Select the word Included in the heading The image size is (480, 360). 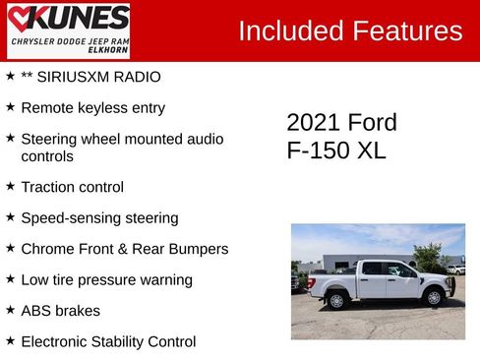(290, 30)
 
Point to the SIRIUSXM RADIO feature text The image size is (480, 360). (90, 77)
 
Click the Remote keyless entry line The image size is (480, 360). (92, 108)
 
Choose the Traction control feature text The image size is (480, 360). (72, 187)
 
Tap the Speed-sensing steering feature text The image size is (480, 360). (99, 218)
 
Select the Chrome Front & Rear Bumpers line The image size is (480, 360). (124, 249)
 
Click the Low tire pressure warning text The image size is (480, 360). (106, 280)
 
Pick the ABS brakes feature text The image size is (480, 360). (60, 311)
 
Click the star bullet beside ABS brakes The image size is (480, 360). (10, 310)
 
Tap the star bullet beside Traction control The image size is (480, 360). (10, 186)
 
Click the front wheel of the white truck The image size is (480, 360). (432, 297)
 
